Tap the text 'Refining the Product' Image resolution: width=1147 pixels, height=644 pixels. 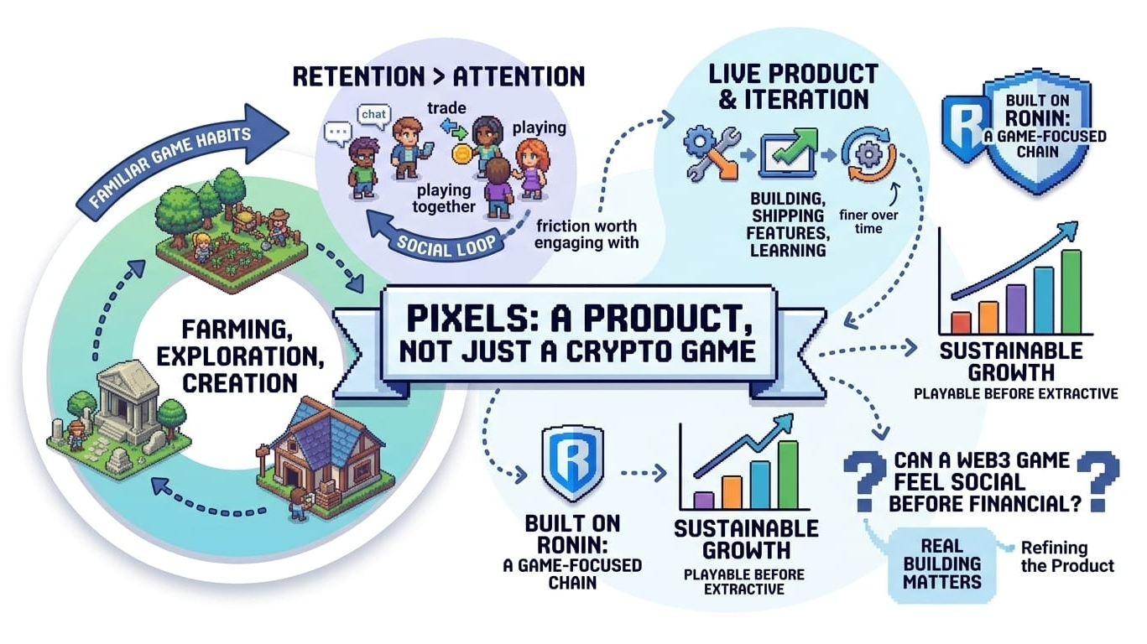click(x=1066, y=556)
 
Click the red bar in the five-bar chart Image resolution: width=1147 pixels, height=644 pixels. click(x=961, y=322)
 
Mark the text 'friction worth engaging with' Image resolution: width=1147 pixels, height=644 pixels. click(x=587, y=234)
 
